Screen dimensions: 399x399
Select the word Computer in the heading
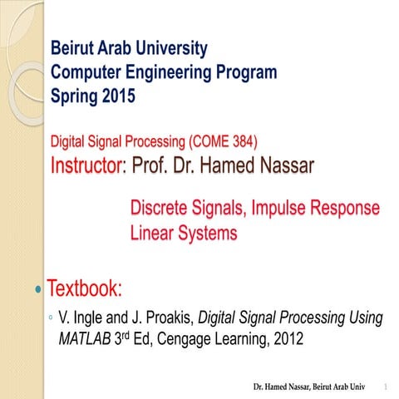point(87,72)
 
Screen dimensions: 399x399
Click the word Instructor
point(87,165)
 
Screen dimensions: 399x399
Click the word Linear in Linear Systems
point(154,234)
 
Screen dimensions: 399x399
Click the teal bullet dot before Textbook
point(37,291)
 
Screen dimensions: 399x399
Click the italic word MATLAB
point(84,339)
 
